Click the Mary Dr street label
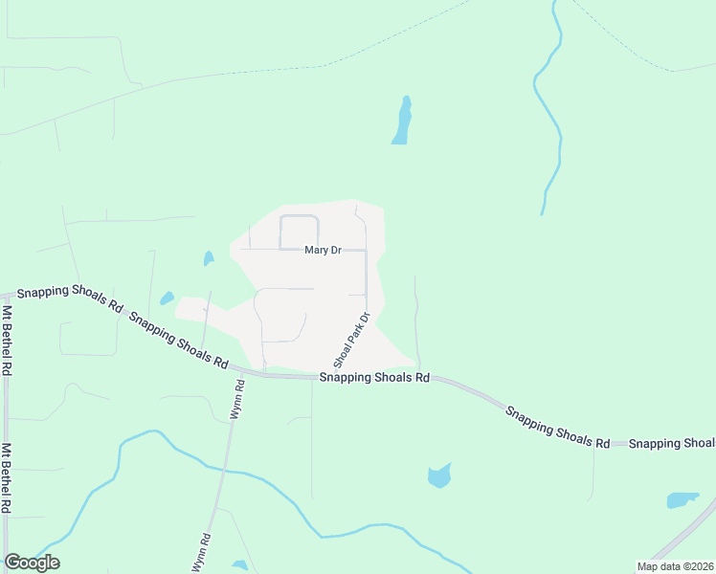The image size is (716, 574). pyautogui.click(x=323, y=251)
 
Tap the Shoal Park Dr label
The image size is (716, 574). pyautogui.click(x=351, y=341)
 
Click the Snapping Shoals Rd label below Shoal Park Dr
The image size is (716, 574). pyautogui.click(x=374, y=378)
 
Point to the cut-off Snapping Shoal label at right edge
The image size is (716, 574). pyautogui.click(x=672, y=443)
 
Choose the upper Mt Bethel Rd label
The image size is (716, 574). pyautogui.click(x=7, y=339)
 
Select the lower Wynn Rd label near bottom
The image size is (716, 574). pyautogui.click(x=201, y=553)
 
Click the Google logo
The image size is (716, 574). pyautogui.click(x=32, y=563)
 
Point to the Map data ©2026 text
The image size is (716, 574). pyautogui.click(x=674, y=566)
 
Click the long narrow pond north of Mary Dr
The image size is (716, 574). pyautogui.click(x=402, y=121)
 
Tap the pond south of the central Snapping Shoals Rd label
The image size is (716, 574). pyautogui.click(x=438, y=475)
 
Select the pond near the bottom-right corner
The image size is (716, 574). pyautogui.click(x=682, y=500)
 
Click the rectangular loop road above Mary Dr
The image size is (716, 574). pyautogui.click(x=299, y=232)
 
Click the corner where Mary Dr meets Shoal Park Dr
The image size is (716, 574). pyautogui.click(x=367, y=251)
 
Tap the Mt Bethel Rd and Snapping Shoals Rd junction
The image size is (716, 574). pyautogui.click(x=6, y=296)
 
